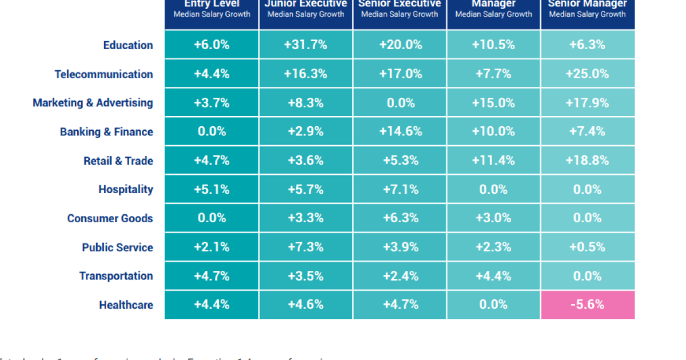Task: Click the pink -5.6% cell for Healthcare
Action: tap(587, 305)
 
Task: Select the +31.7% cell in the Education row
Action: tap(306, 45)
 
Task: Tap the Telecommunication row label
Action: tap(103, 74)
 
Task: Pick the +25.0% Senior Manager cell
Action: tap(587, 74)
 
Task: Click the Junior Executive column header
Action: tap(306, 9)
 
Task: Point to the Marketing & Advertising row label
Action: tap(93, 103)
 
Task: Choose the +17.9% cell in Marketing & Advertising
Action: tap(587, 103)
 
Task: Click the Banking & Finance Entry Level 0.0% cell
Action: tap(212, 131)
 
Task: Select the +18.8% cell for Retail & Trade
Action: tap(587, 161)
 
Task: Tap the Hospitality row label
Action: tap(125, 189)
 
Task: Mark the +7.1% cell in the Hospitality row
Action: tap(400, 189)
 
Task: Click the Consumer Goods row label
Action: tap(110, 218)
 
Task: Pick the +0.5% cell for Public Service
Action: tap(587, 247)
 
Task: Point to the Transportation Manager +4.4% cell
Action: tap(493, 276)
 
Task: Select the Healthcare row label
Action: tap(126, 305)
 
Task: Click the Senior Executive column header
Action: tap(400, 9)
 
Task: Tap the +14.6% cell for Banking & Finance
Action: tap(400, 131)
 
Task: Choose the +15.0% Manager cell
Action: tap(493, 103)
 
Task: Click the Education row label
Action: tap(128, 45)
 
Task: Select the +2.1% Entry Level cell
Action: tap(212, 247)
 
